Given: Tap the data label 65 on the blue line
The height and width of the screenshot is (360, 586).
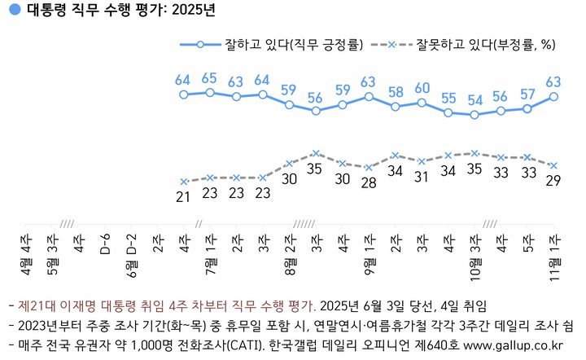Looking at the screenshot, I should (209, 78).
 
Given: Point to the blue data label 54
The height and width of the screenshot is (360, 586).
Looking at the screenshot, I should (474, 100).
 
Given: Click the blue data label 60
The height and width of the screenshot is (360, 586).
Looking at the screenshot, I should (422, 88).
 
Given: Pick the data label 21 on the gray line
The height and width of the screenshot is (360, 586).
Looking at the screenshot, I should (184, 196).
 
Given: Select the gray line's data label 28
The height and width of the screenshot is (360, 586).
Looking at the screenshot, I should (369, 182).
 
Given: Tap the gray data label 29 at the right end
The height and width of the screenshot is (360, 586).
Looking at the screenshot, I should (553, 180).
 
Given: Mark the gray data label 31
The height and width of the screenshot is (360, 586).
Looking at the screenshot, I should (422, 176).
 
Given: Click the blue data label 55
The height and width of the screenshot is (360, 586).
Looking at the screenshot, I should (448, 98).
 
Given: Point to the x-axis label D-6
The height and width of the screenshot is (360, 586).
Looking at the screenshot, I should (104, 244).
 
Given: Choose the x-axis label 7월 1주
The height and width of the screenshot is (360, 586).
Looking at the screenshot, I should (210, 254).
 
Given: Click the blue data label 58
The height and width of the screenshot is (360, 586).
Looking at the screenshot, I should (396, 91).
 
